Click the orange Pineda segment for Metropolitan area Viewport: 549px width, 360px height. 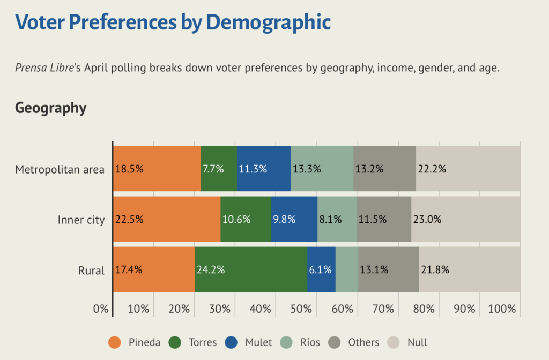coord(157,168)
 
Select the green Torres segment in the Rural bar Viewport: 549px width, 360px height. coord(251,269)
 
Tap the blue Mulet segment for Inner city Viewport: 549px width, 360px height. coord(294,219)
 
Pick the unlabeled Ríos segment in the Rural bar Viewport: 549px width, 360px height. coord(347,269)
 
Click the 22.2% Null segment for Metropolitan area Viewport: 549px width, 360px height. coord(468,168)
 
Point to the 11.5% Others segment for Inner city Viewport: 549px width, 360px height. coord(384,219)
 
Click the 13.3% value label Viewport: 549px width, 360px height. coord(307,169)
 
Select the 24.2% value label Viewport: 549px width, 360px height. coord(210,270)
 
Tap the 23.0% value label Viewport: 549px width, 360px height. coord(427,220)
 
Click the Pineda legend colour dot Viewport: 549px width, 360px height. coord(115,342)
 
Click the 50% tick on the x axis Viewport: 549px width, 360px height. coord(301,309)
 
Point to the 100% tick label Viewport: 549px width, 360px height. coord(502,309)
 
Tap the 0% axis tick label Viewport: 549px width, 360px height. coord(101,309)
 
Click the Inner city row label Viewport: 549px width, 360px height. coord(81,220)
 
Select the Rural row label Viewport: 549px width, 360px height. coord(91,271)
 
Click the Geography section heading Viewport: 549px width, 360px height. coord(50,108)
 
